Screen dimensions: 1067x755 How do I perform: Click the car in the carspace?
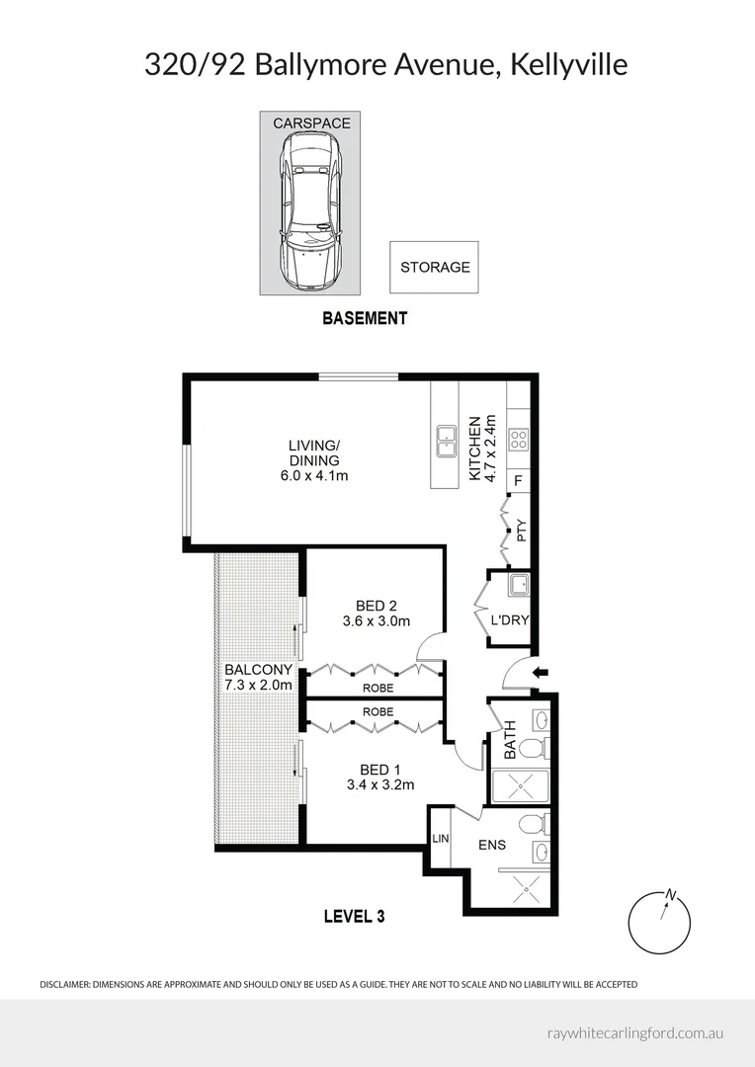(311, 211)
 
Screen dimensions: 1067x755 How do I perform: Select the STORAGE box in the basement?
(434, 267)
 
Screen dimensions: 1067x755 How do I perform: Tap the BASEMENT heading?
(365, 318)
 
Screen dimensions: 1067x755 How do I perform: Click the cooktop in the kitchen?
(519, 440)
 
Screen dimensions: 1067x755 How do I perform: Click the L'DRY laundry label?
(510, 620)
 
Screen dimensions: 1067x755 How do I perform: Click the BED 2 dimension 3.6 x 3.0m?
(376, 621)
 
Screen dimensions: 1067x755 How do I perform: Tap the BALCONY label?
(258, 669)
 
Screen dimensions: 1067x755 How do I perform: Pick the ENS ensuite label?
(492, 845)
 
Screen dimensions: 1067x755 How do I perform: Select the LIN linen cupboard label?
(439, 839)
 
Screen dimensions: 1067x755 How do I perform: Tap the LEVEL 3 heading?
(354, 916)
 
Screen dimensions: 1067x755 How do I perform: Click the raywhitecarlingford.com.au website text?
(635, 1032)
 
